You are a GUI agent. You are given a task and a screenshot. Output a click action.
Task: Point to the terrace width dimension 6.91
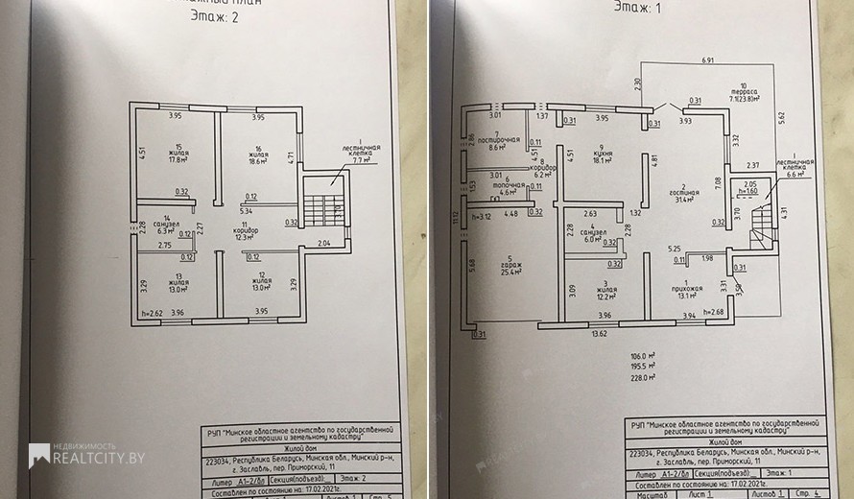pos(708,60)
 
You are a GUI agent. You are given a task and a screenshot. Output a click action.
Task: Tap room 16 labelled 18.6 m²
pos(258,159)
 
